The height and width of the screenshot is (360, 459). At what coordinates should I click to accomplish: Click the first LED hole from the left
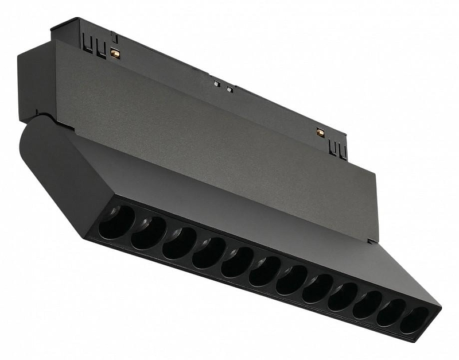point(116,222)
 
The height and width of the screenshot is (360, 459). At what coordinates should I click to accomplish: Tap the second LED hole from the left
point(148,232)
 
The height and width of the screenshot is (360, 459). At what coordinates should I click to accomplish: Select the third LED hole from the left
point(179,242)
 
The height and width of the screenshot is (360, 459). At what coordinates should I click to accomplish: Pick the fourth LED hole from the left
point(209,252)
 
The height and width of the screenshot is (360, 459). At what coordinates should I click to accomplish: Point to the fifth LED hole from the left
point(238,262)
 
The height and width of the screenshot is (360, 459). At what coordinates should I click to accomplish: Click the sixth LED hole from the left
point(265,271)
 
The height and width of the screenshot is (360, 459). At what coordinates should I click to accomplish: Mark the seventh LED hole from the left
point(292,280)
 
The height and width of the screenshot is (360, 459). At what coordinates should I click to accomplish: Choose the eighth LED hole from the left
point(318,288)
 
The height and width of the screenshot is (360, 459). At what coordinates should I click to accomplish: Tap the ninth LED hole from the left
point(343,296)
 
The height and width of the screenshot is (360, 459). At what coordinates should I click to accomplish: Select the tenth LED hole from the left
point(367,304)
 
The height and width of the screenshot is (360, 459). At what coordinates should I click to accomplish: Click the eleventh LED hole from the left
point(391,312)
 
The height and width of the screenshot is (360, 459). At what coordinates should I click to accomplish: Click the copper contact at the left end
point(115,53)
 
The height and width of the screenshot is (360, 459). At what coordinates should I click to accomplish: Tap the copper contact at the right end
point(320,133)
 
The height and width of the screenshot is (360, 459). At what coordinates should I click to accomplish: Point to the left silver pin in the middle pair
point(217,83)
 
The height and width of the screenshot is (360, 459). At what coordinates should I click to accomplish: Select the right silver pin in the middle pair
point(229,88)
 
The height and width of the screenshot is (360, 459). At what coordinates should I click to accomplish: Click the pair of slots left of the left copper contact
point(95,45)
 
